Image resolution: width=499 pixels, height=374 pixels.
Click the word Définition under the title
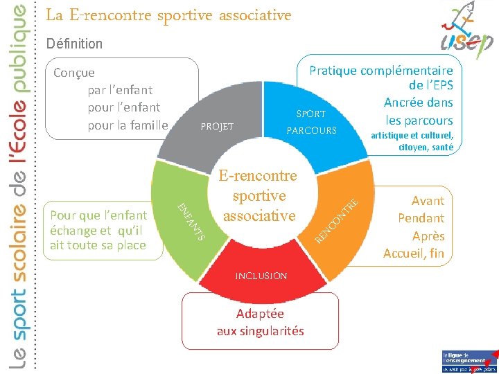(74, 44)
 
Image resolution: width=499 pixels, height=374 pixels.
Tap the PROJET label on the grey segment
(217, 127)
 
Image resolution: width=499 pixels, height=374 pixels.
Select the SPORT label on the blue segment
(310, 114)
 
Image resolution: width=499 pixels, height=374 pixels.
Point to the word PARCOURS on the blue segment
(311, 131)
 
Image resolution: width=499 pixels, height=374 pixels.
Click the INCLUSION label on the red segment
(261, 276)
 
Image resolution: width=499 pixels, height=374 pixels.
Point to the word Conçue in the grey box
(74, 73)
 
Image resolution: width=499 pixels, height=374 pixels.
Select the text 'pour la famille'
(128, 125)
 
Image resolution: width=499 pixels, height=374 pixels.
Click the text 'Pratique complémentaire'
(380, 70)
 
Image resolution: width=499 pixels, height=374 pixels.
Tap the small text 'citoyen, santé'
(426, 147)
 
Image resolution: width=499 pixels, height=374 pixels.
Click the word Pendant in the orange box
(421, 218)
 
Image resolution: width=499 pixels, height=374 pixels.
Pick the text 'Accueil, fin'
(413, 253)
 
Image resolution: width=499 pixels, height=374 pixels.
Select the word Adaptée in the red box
(260, 313)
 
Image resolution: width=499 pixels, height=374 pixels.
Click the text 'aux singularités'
(260, 330)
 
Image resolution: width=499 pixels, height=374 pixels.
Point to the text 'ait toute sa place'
(98, 244)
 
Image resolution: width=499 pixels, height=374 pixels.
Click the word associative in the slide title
(252, 15)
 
